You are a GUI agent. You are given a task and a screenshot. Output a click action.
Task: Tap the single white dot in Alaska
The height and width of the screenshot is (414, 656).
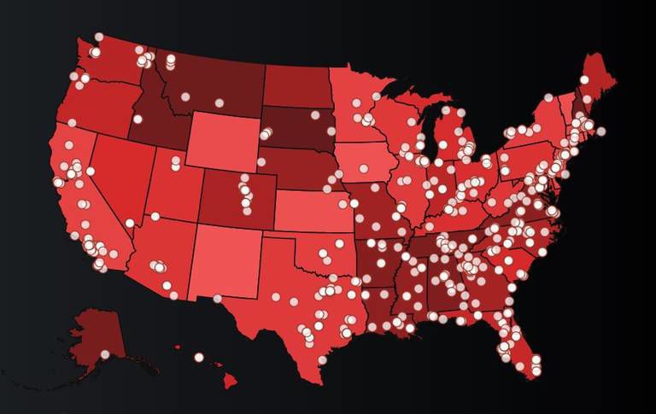(x=105, y=354)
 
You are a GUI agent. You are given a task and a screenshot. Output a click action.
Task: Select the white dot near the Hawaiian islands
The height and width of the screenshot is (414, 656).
(x=199, y=358)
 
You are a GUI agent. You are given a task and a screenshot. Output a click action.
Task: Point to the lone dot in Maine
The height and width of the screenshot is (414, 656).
(x=584, y=79)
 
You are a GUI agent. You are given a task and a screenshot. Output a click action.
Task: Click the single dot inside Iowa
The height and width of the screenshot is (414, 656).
(x=363, y=168)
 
